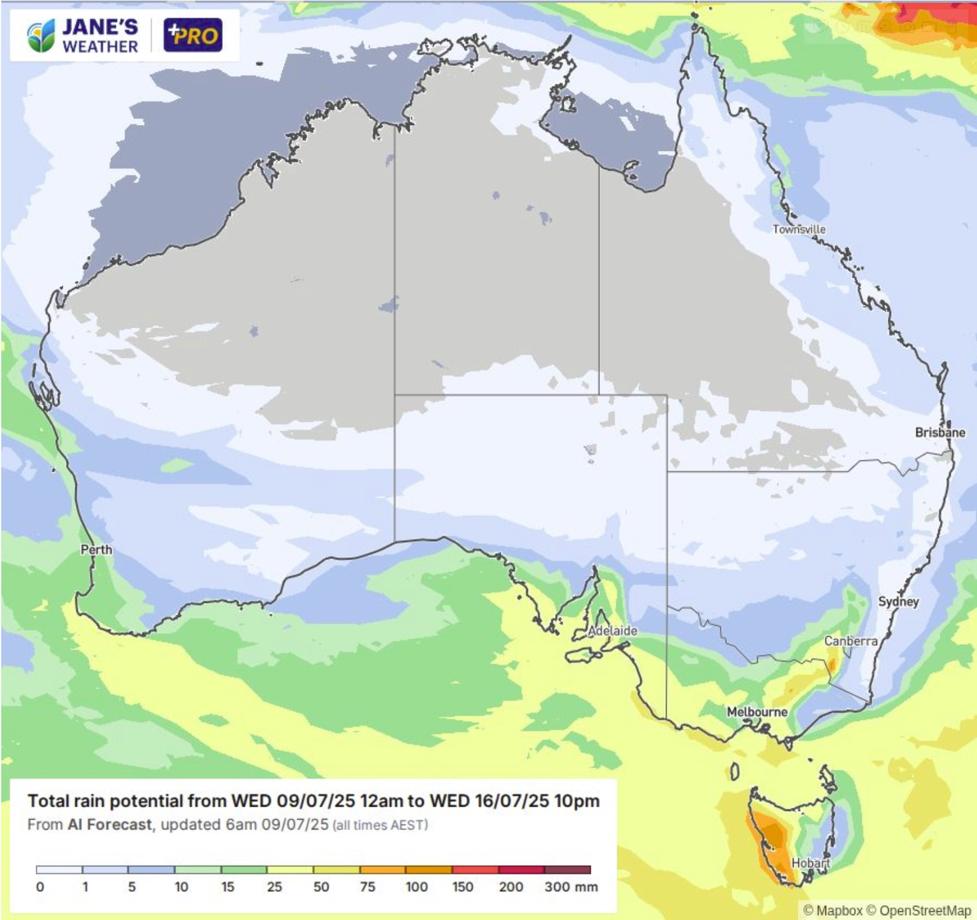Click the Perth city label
tap(97, 549)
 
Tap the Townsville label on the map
tap(799, 229)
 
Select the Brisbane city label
tap(939, 432)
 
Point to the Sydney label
tap(898, 602)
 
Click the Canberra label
tap(851, 641)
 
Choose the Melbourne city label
tap(757, 712)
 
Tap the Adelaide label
tap(612, 631)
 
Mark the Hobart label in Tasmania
tap(810, 863)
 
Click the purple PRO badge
tap(193, 35)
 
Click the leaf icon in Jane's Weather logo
tap(41, 36)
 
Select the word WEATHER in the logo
tap(100, 47)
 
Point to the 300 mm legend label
tap(570, 887)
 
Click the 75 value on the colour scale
tap(367, 887)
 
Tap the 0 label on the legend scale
tap(40, 887)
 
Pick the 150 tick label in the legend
tap(463, 887)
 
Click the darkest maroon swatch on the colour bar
tap(567, 870)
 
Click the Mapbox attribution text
tap(839, 910)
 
